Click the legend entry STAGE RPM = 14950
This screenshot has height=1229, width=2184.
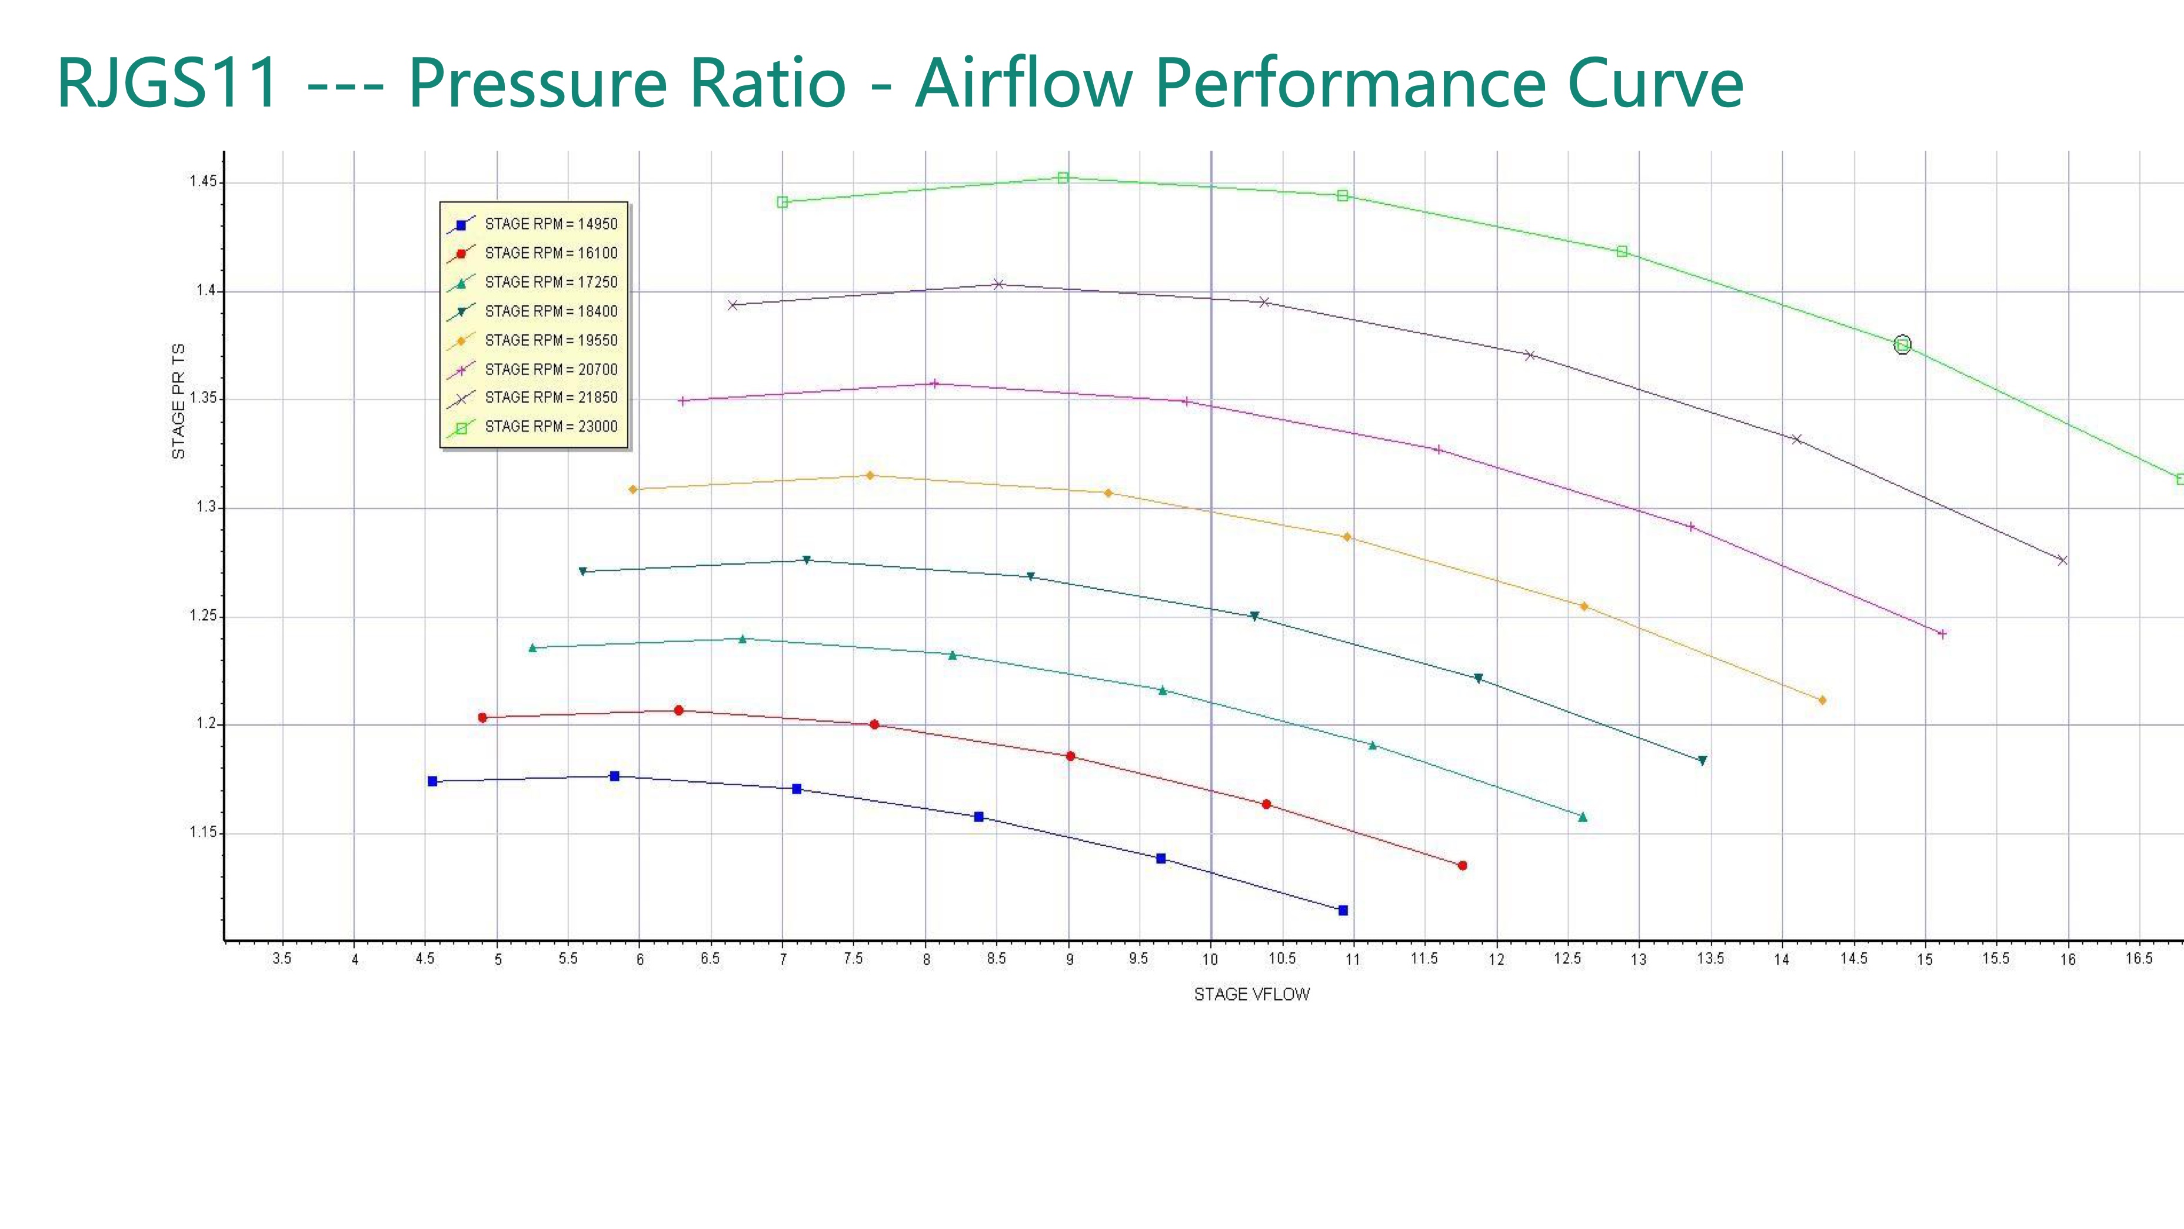point(550,224)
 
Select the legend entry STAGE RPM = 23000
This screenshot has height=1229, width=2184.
point(550,427)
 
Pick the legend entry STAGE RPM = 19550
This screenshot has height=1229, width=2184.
point(550,340)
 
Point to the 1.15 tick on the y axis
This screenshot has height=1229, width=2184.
point(202,832)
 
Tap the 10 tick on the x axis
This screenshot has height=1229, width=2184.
point(1210,959)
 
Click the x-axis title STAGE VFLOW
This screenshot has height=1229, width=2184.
point(1251,994)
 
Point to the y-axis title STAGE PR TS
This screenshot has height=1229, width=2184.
point(178,401)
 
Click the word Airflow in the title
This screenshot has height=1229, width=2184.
point(1023,83)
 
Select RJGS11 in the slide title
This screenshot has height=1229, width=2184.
point(168,83)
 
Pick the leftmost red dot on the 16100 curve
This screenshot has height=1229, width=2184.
point(482,718)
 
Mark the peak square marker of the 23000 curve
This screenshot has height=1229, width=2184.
point(1063,177)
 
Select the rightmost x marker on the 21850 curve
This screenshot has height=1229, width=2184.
point(2062,560)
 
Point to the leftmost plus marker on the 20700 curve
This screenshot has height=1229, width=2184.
point(682,401)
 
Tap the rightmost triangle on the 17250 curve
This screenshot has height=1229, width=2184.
point(1583,817)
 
